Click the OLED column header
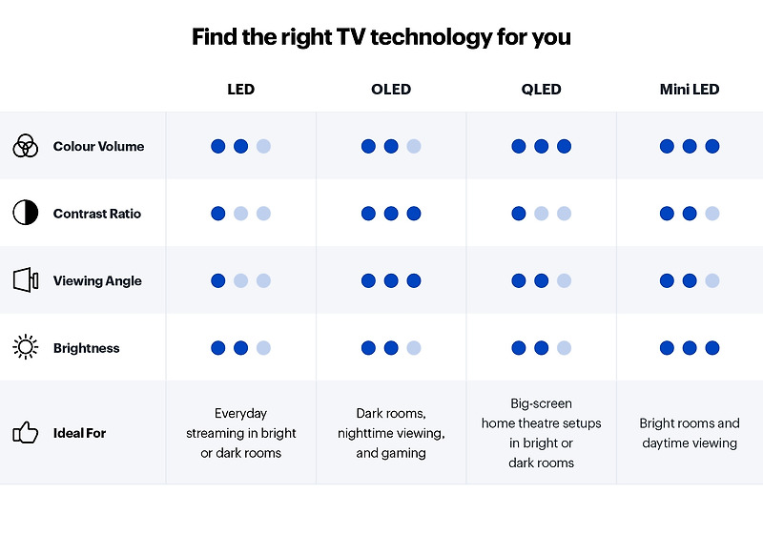tap(391, 90)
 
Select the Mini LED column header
tap(690, 90)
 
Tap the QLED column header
tap(541, 90)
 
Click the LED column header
tap(240, 90)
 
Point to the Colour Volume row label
tap(98, 147)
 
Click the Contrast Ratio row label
tap(96, 214)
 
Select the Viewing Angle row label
tap(97, 281)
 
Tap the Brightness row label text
tap(86, 348)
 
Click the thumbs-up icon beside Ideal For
tap(25, 433)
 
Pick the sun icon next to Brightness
tap(25, 347)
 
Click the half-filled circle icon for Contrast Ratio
tap(25, 213)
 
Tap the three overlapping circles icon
tap(25, 146)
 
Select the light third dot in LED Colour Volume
tap(263, 147)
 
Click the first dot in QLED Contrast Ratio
tap(519, 214)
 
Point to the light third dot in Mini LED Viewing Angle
tap(712, 281)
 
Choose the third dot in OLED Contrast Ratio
tap(413, 214)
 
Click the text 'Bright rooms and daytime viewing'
tap(690, 433)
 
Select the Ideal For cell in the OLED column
tap(391, 433)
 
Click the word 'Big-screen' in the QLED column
tap(541, 403)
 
